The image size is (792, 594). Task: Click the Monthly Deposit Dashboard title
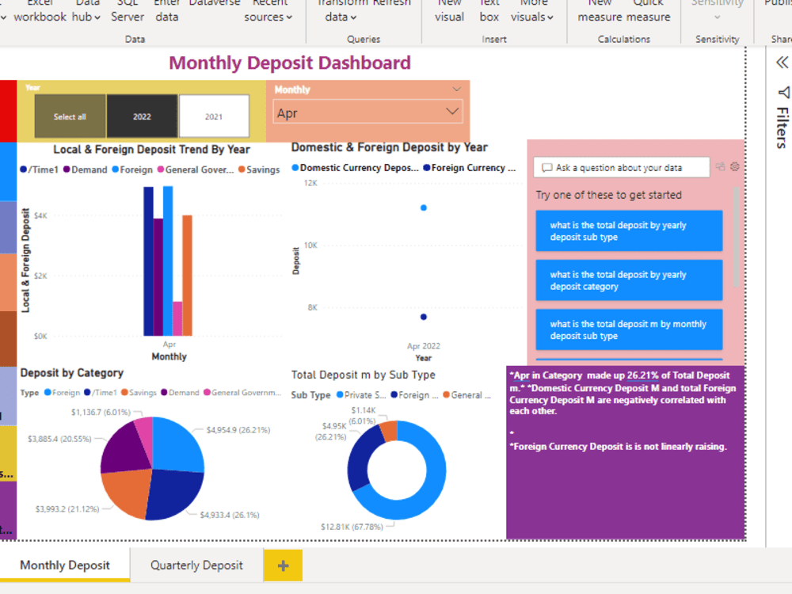pyautogui.click(x=290, y=63)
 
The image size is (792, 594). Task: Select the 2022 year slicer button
pyautogui.click(x=142, y=116)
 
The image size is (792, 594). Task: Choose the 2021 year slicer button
pyautogui.click(x=214, y=116)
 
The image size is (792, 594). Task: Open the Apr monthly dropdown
pyautogui.click(x=367, y=113)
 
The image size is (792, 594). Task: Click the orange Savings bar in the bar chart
pyautogui.click(x=187, y=275)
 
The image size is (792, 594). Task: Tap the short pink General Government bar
pyautogui.click(x=177, y=318)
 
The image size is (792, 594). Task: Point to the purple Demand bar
pyautogui.click(x=158, y=276)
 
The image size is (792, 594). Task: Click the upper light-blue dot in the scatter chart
pyautogui.click(x=424, y=208)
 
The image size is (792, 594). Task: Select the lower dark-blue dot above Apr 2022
pyautogui.click(x=424, y=317)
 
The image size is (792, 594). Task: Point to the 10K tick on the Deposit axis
pyautogui.click(x=310, y=245)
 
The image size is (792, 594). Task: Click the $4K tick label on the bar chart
pyautogui.click(x=40, y=215)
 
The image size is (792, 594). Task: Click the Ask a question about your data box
pyautogui.click(x=621, y=167)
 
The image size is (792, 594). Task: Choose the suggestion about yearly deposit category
pyautogui.click(x=629, y=280)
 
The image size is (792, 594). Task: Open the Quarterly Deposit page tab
pyautogui.click(x=196, y=565)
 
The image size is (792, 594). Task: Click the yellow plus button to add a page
pyautogui.click(x=283, y=565)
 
